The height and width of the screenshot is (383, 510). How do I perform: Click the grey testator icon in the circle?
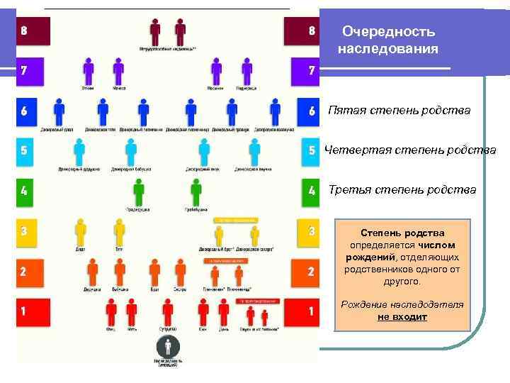[168, 347]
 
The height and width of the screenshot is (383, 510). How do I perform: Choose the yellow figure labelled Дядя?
[81, 231]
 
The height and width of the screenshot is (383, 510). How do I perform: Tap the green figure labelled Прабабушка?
[195, 191]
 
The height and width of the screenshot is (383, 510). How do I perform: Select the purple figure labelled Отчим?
[89, 70]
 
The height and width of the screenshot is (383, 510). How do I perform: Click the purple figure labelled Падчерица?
[246, 70]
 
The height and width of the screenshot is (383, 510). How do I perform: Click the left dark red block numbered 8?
[33, 30]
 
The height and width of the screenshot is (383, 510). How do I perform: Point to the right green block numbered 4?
[310, 191]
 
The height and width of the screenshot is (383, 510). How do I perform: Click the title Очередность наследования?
[388, 40]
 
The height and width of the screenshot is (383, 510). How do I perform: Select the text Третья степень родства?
[402, 189]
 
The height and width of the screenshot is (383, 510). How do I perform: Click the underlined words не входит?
[402, 317]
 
